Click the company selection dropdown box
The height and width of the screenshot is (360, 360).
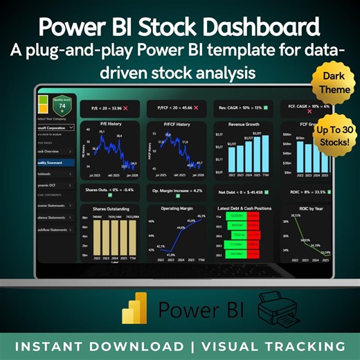coord(53,128)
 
